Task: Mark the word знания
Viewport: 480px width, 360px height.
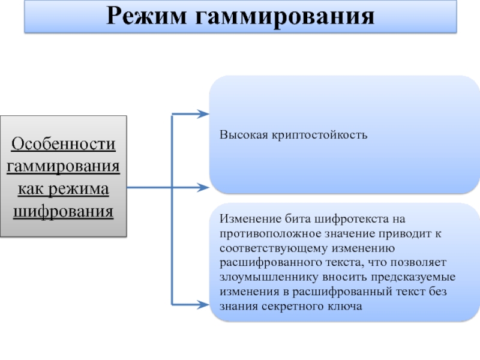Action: [x=238, y=307]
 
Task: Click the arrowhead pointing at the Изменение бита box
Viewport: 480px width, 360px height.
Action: [x=203, y=304]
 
